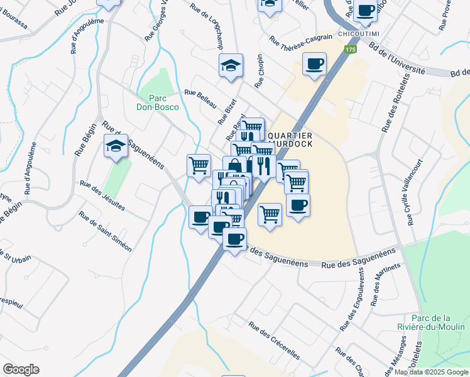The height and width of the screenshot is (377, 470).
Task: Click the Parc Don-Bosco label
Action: click(x=158, y=102)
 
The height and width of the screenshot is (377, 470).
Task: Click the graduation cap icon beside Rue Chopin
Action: click(x=231, y=65)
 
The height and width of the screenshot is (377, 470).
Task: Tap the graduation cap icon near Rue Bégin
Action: click(x=116, y=146)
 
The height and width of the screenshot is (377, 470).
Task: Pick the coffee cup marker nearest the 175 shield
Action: click(x=314, y=63)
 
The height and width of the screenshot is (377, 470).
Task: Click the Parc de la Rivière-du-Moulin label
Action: click(x=430, y=322)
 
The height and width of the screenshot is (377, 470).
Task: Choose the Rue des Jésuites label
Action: click(x=102, y=195)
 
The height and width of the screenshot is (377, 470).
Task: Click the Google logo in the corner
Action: click(x=21, y=369)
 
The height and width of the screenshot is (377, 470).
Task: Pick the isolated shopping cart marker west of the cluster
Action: click(x=199, y=166)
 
